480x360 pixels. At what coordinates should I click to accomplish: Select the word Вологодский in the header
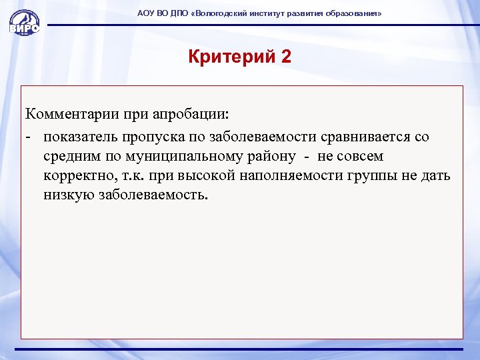point(217,13)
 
